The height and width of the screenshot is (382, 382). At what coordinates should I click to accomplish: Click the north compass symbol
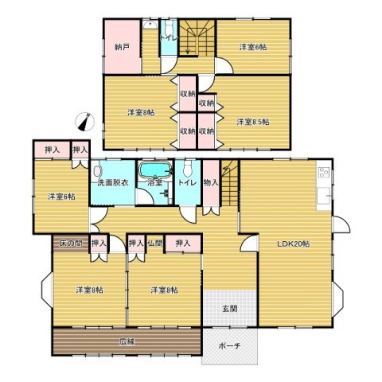85,122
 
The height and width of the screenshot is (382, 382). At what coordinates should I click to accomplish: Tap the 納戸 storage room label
123,48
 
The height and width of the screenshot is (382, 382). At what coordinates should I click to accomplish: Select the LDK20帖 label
294,244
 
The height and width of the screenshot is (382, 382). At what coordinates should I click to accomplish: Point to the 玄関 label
230,309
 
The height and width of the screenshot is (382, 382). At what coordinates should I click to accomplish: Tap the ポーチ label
230,345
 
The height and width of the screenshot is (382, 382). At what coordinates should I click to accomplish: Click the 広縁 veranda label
127,341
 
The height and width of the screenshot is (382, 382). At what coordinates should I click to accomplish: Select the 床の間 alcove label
71,244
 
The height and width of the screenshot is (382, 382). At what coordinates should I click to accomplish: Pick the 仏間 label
154,244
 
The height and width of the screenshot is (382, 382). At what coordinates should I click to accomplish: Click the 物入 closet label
211,182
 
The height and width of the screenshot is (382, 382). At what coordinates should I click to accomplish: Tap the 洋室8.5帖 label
253,122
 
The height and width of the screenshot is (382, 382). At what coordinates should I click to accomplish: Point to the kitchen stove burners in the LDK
324,172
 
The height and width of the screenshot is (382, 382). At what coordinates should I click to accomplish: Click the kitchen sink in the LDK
324,196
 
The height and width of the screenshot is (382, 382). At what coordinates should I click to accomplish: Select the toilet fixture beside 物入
188,169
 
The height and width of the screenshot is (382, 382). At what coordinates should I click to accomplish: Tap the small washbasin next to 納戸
150,25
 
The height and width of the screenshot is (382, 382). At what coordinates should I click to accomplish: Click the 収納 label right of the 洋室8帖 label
188,94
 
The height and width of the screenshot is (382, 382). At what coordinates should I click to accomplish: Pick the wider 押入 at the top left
53,150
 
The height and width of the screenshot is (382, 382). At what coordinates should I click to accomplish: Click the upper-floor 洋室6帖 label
253,48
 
